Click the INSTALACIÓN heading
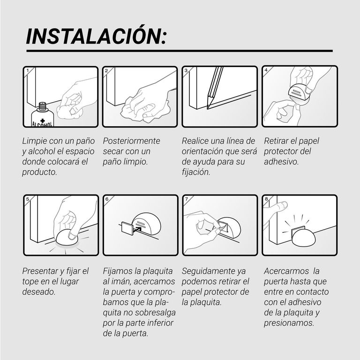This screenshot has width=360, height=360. (x=96, y=36)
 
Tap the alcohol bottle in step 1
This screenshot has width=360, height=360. (x=42, y=115)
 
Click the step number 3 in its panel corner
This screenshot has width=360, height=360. (x=186, y=70)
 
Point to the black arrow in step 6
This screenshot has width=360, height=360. (x=137, y=229)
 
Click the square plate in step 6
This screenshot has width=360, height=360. (x=127, y=228)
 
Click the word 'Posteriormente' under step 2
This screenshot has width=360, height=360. (x=131, y=141)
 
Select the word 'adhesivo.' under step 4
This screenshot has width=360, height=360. (x=281, y=162)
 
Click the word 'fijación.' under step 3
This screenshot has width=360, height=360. (x=196, y=172)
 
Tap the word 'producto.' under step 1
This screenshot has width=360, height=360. (x=39, y=172)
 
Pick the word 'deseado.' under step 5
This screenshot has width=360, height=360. (x=39, y=292)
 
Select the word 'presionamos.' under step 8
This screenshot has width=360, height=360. (x=289, y=323)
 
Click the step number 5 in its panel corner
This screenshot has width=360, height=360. (x=28, y=199)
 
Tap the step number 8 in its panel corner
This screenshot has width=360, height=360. (x=266, y=199)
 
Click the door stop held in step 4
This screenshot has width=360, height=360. (x=299, y=93)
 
